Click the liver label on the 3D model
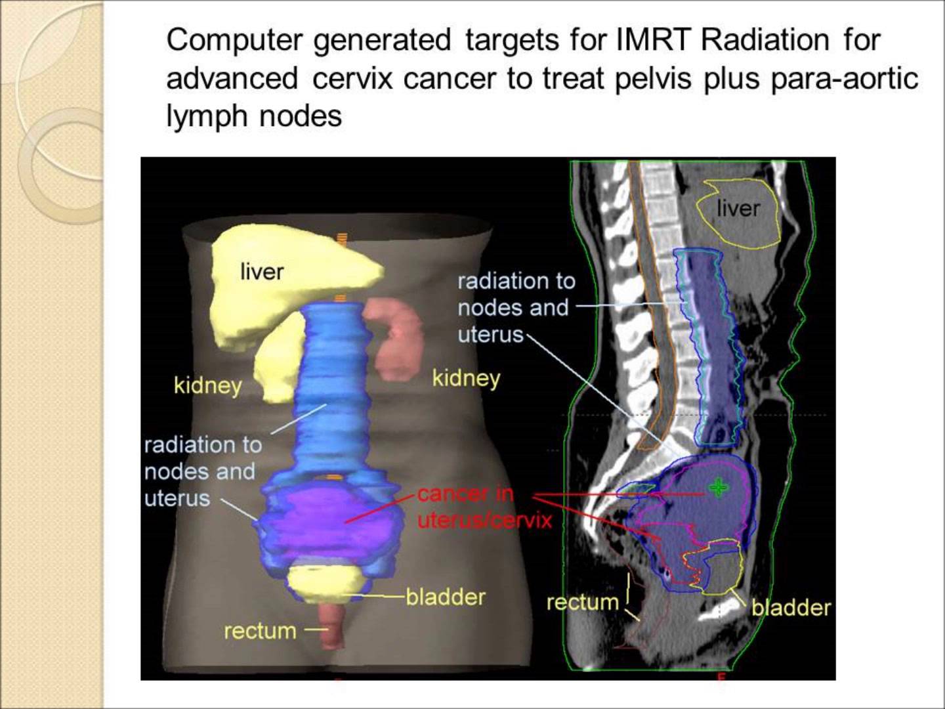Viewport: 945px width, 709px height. pos(262,271)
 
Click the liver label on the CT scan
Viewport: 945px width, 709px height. pos(738,209)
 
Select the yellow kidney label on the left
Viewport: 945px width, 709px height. pos(207,385)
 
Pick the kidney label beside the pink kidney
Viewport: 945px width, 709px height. pos(466,378)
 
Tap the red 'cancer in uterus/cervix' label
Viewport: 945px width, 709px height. pos(484,507)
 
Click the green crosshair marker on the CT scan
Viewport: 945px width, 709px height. pos(718,487)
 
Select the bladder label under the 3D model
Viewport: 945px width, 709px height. pos(446,597)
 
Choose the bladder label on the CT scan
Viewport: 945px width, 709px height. pos(791,608)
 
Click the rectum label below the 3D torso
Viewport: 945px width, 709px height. pos(260,631)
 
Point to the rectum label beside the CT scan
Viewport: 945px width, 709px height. pos(582,602)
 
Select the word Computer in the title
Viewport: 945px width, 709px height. pos(234,40)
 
